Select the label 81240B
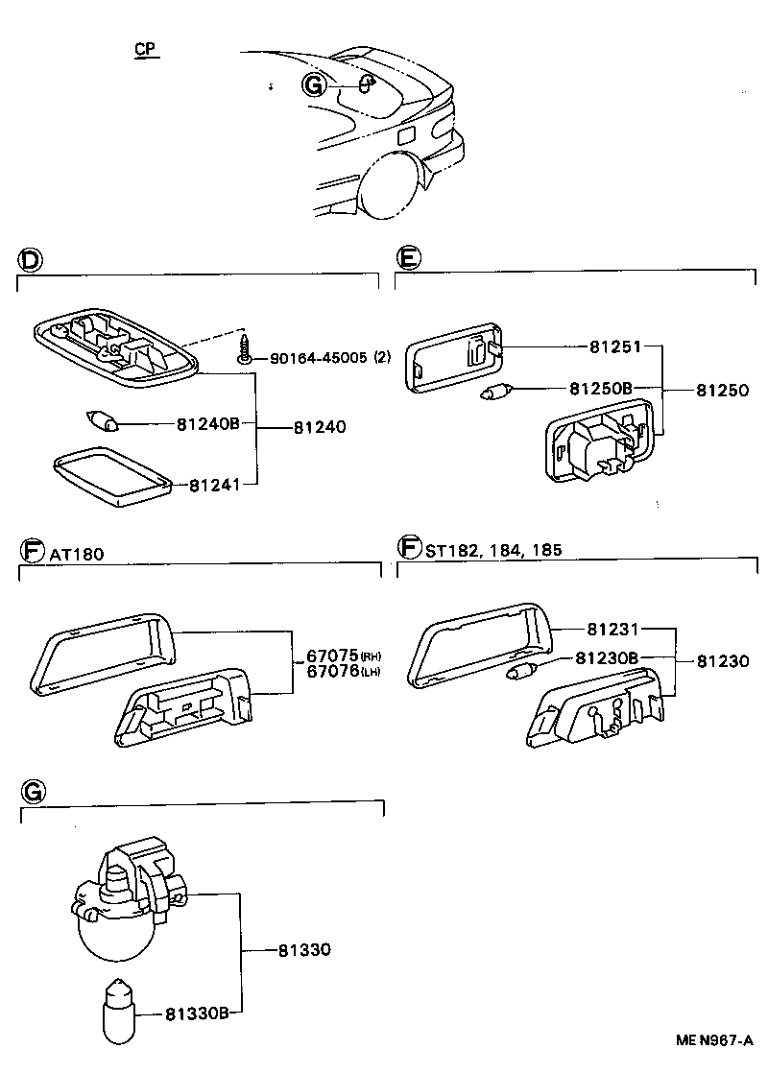pos(206,423)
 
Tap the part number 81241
pos(213,486)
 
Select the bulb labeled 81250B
pos(499,390)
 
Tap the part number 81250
pos(721,391)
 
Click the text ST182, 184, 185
pos(492,550)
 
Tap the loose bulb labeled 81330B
pos(117,1008)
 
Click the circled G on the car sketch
pos(314,84)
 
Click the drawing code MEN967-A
pos(712,1040)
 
